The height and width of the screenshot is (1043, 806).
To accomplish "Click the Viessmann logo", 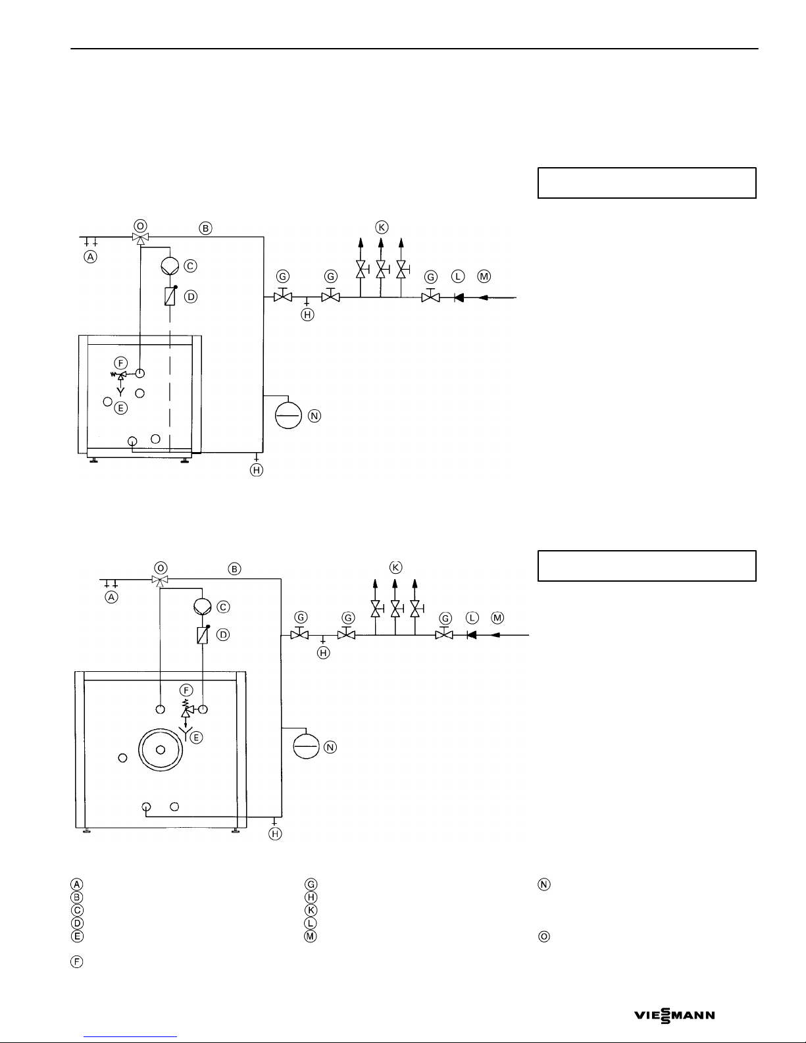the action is coord(674,1015).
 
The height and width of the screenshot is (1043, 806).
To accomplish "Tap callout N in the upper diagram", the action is coord(315,416).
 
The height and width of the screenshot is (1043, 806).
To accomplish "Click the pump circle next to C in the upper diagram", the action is coord(170,266).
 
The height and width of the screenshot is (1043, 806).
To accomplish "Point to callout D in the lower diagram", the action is coord(223,635).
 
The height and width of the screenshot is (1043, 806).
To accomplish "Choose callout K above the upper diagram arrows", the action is coord(382,227).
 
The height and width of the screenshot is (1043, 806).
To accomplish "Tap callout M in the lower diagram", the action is coord(497,618).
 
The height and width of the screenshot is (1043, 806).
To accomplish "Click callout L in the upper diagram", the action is coord(458,276).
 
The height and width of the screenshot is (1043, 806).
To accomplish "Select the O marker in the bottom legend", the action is coord(544,936).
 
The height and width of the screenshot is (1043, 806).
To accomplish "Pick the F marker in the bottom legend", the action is coord(77,962).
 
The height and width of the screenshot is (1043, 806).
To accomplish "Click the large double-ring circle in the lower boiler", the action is coord(161,750).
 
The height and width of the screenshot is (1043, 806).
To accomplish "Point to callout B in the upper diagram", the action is coord(205,228).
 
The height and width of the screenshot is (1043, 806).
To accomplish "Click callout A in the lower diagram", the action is coord(111,597).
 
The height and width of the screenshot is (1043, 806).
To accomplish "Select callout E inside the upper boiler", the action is coord(120,408).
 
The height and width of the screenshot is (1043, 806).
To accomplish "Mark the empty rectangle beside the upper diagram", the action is coord(647,183).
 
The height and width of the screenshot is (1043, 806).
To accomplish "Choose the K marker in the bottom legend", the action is coord(311,910).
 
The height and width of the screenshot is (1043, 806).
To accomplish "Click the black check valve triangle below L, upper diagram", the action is coord(459,297).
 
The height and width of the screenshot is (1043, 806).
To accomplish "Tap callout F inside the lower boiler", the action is coord(186,690).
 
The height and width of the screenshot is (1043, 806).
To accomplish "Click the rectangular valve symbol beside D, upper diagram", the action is coord(170,297).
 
